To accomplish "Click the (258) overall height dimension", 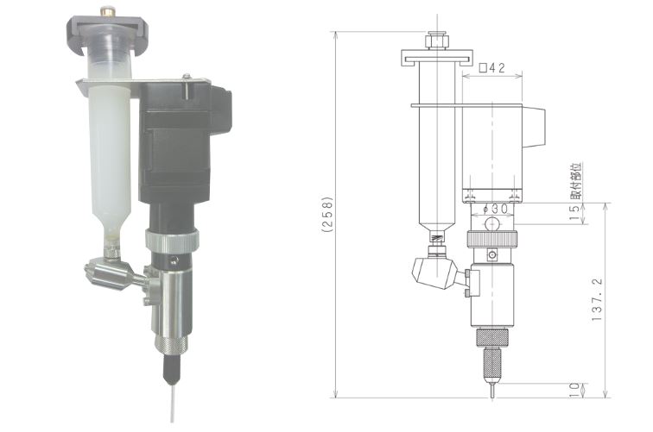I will [x=327, y=215].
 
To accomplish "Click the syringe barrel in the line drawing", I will [x=438, y=164].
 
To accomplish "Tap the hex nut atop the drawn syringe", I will [x=436, y=40].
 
